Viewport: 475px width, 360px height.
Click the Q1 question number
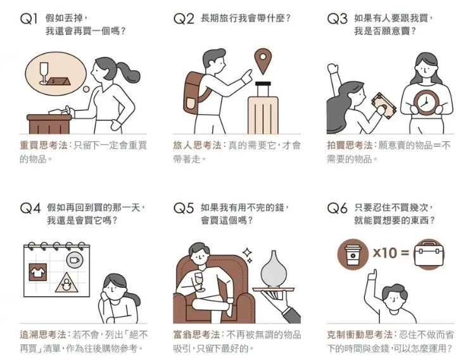(x=28, y=19)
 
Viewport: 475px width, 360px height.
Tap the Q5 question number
(x=183, y=208)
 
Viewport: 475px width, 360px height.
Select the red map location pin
(x=263, y=61)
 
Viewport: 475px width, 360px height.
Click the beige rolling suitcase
(x=263, y=108)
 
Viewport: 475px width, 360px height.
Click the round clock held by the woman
(x=425, y=102)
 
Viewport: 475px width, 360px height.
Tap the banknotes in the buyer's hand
(x=384, y=105)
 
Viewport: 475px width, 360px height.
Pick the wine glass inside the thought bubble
(x=44, y=73)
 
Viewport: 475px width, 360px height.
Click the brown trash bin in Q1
(x=49, y=124)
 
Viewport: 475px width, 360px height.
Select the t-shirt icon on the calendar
(x=38, y=272)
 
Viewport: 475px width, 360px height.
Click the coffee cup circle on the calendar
(x=74, y=260)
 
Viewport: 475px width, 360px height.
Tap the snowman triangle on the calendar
(x=66, y=283)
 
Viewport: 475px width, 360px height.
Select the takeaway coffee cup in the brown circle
(x=353, y=254)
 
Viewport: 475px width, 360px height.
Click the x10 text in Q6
(x=384, y=253)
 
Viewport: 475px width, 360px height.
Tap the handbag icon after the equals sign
(x=428, y=254)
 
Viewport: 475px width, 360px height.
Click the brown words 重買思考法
(x=43, y=145)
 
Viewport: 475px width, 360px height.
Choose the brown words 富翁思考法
(x=196, y=335)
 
